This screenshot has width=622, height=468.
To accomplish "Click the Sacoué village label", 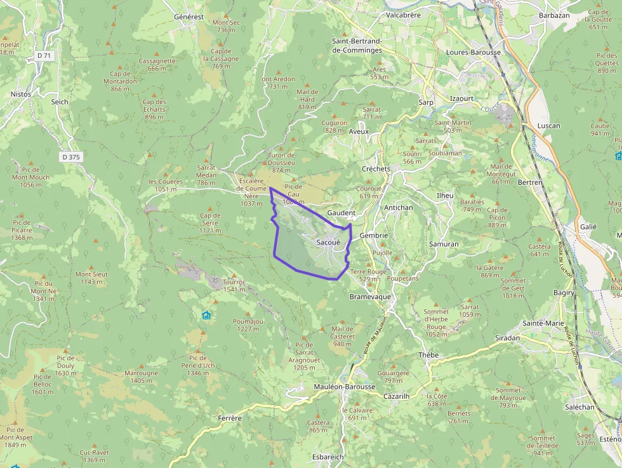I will pyautogui.click(x=328, y=242).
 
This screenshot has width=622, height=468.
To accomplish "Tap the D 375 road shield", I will pyautogui.click(x=72, y=157).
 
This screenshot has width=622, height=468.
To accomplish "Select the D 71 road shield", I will pyautogui.click(x=44, y=56).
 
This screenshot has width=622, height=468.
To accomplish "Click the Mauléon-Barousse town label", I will pyautogui.click(x=345, y=387).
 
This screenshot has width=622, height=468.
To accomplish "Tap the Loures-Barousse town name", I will pyautogui.click(x=473, y=52).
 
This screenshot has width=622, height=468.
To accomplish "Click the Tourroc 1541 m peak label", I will pyautogui.click(x=234, y=285).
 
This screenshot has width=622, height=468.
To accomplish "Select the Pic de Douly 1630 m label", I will pyautogui.click(x=65, y=365).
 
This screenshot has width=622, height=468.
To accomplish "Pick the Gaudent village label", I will pyautogui.click(x=341, y=212).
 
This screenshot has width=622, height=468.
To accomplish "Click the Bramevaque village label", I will pyautogui.click(x=371, y=297).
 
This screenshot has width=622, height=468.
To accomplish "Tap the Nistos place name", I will pyautogui.click(x=21, y=94).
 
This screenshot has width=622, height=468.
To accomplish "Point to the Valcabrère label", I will pyautogui.click(x=403, y=15).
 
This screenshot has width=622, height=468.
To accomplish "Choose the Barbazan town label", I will pyautogui.click(x=553, y=15).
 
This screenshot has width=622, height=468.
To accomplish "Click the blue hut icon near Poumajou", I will pyautogui.click(x=206, y=315).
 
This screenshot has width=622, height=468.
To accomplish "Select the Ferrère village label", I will pyautogui.click(x=230, y=418).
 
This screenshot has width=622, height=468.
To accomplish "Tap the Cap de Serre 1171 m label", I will pyautogui.click(x=211, y=222).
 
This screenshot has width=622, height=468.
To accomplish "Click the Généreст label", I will pyautogui.click(x=189, y=16).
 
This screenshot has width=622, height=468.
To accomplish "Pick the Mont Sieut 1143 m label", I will pyautogui.click(x=92, y=277).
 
